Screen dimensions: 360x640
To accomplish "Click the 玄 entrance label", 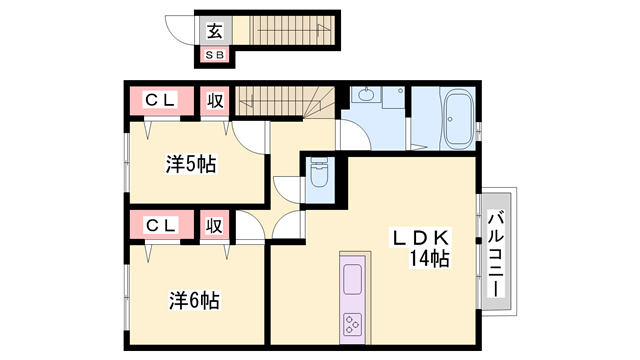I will [215, 30].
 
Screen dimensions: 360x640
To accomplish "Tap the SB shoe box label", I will [215, 55].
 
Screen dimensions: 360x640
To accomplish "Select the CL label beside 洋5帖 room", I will [161, 100].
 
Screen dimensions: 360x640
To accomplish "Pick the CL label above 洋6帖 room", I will [161, 225].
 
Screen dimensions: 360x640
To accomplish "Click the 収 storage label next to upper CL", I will [214, 100].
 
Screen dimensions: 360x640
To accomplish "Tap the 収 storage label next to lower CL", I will [214, 225].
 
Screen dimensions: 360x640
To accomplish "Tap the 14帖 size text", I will [427, 260].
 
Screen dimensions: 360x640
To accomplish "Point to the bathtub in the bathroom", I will [459, 118].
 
